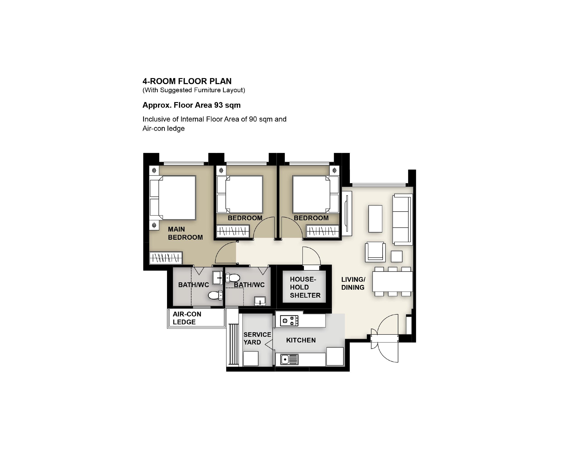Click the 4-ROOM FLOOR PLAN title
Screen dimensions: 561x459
coord(187,81)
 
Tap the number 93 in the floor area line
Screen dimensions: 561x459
coord(218,105)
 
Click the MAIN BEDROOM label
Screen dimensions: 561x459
coord(185,233)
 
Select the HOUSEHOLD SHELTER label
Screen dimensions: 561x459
coord(305,287)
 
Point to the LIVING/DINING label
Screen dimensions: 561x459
coord(353,283)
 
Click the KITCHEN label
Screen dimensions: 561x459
coord(301,340)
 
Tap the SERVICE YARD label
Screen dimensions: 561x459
coord(257,338)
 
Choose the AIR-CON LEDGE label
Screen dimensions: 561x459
coord(187,318)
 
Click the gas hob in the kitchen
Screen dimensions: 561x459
coord(289,321)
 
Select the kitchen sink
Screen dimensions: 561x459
coord(289,360)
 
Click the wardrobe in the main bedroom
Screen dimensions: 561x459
coord(166,258)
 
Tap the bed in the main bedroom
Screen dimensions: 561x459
coord(173,198)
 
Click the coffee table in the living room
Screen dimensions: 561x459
coord(375,219)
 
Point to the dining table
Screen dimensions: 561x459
coord(392,281)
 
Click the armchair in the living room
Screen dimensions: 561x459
coord(375,252)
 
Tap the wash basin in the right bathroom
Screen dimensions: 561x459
coord(260,301)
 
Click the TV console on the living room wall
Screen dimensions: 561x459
coord(347,213)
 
